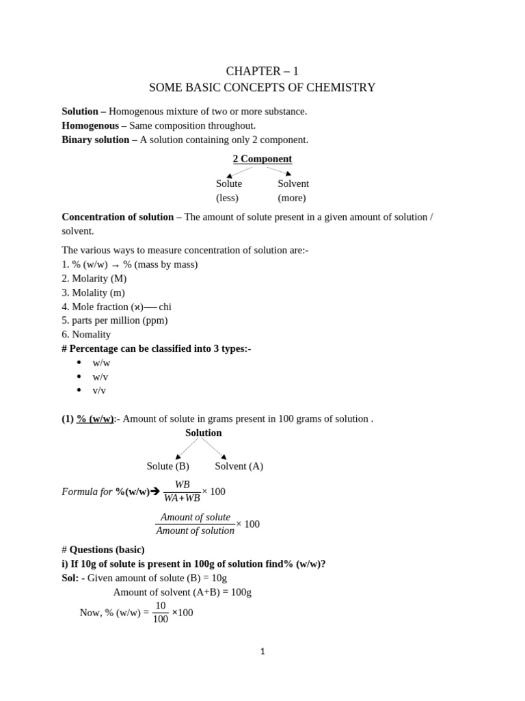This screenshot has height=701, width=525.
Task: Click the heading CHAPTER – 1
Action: pyautogui.click(x=262, y=71)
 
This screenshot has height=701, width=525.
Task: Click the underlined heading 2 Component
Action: pyautogui.click(x=262, y=159)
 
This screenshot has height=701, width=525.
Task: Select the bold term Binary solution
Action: pyautogui.click(x=95, y=140)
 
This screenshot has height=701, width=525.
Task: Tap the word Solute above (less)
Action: pyautogui.click(x=229, y=183)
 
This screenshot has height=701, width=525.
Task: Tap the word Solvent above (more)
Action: pyautogui.click(x=293, y=183)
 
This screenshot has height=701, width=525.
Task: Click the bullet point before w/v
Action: pyautogui.click(x=79, y=377)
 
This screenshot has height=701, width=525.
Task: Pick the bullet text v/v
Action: pyautogui.click(x=99, y=390)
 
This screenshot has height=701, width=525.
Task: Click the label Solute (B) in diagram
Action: pyautogui.click(x=168, y=466)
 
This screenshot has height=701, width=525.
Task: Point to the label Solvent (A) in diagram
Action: pyautogui.click(x=239, y=466)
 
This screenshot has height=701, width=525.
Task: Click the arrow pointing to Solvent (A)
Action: pyautogui.click(x=223, y=456)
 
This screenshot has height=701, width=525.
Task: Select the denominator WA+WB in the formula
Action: pyautogui.click(x=182, y=498)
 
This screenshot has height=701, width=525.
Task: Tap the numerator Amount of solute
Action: pyautogui.click(x=196, y=517)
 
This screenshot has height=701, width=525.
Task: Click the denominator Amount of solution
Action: pyautogui.click(x=196, y=531)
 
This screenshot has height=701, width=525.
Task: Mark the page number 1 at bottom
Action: pyautogui.click(x=262, y=652)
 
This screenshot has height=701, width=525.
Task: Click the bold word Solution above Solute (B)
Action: pyautogui.click(x=204, y=433)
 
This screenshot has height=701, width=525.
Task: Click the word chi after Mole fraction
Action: pyautogui.click(x=165, y=307)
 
